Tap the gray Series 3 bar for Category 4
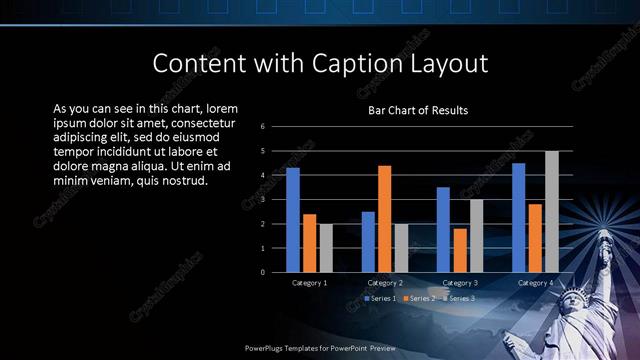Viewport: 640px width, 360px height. pos(551,211)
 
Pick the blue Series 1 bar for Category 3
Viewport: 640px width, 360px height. pos(443,230)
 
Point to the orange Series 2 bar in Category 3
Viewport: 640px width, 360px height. pos(459,250)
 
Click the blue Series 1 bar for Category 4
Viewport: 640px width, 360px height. pos(519,217)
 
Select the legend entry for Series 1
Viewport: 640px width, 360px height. pos(380,298)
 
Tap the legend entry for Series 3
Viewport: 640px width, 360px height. pos(457,298)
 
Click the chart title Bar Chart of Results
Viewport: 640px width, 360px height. pos(418,110)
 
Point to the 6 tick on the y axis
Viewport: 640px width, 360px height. pos(262,127)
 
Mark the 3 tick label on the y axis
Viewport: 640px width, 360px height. pos(262,200)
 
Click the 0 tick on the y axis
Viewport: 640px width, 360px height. pos(262,272)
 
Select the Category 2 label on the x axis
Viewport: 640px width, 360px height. pos(384,283)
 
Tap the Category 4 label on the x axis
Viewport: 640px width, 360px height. pos(535,283)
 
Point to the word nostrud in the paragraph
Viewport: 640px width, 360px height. pos(182,181)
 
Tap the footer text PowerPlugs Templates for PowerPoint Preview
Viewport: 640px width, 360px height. pos(319,349)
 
